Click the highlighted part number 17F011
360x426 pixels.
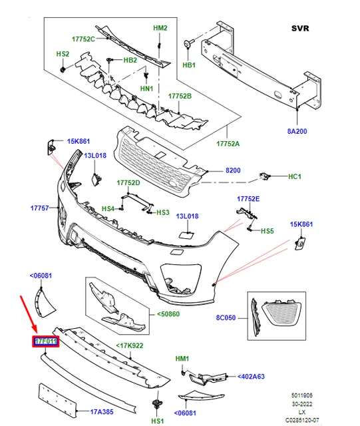[x=46, y=343]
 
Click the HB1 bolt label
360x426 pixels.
[x=189, y=66]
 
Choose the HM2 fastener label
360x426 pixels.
[x=160, y=28]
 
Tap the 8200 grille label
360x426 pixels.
[x=233, y=171]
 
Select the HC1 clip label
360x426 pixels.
[x=295, y=176]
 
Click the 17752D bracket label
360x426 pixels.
[x=128, y=182]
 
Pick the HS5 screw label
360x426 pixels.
[x=267, y=231]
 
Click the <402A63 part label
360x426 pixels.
[x=251, y=377]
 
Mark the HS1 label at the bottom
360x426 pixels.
[x=158, y=421]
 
